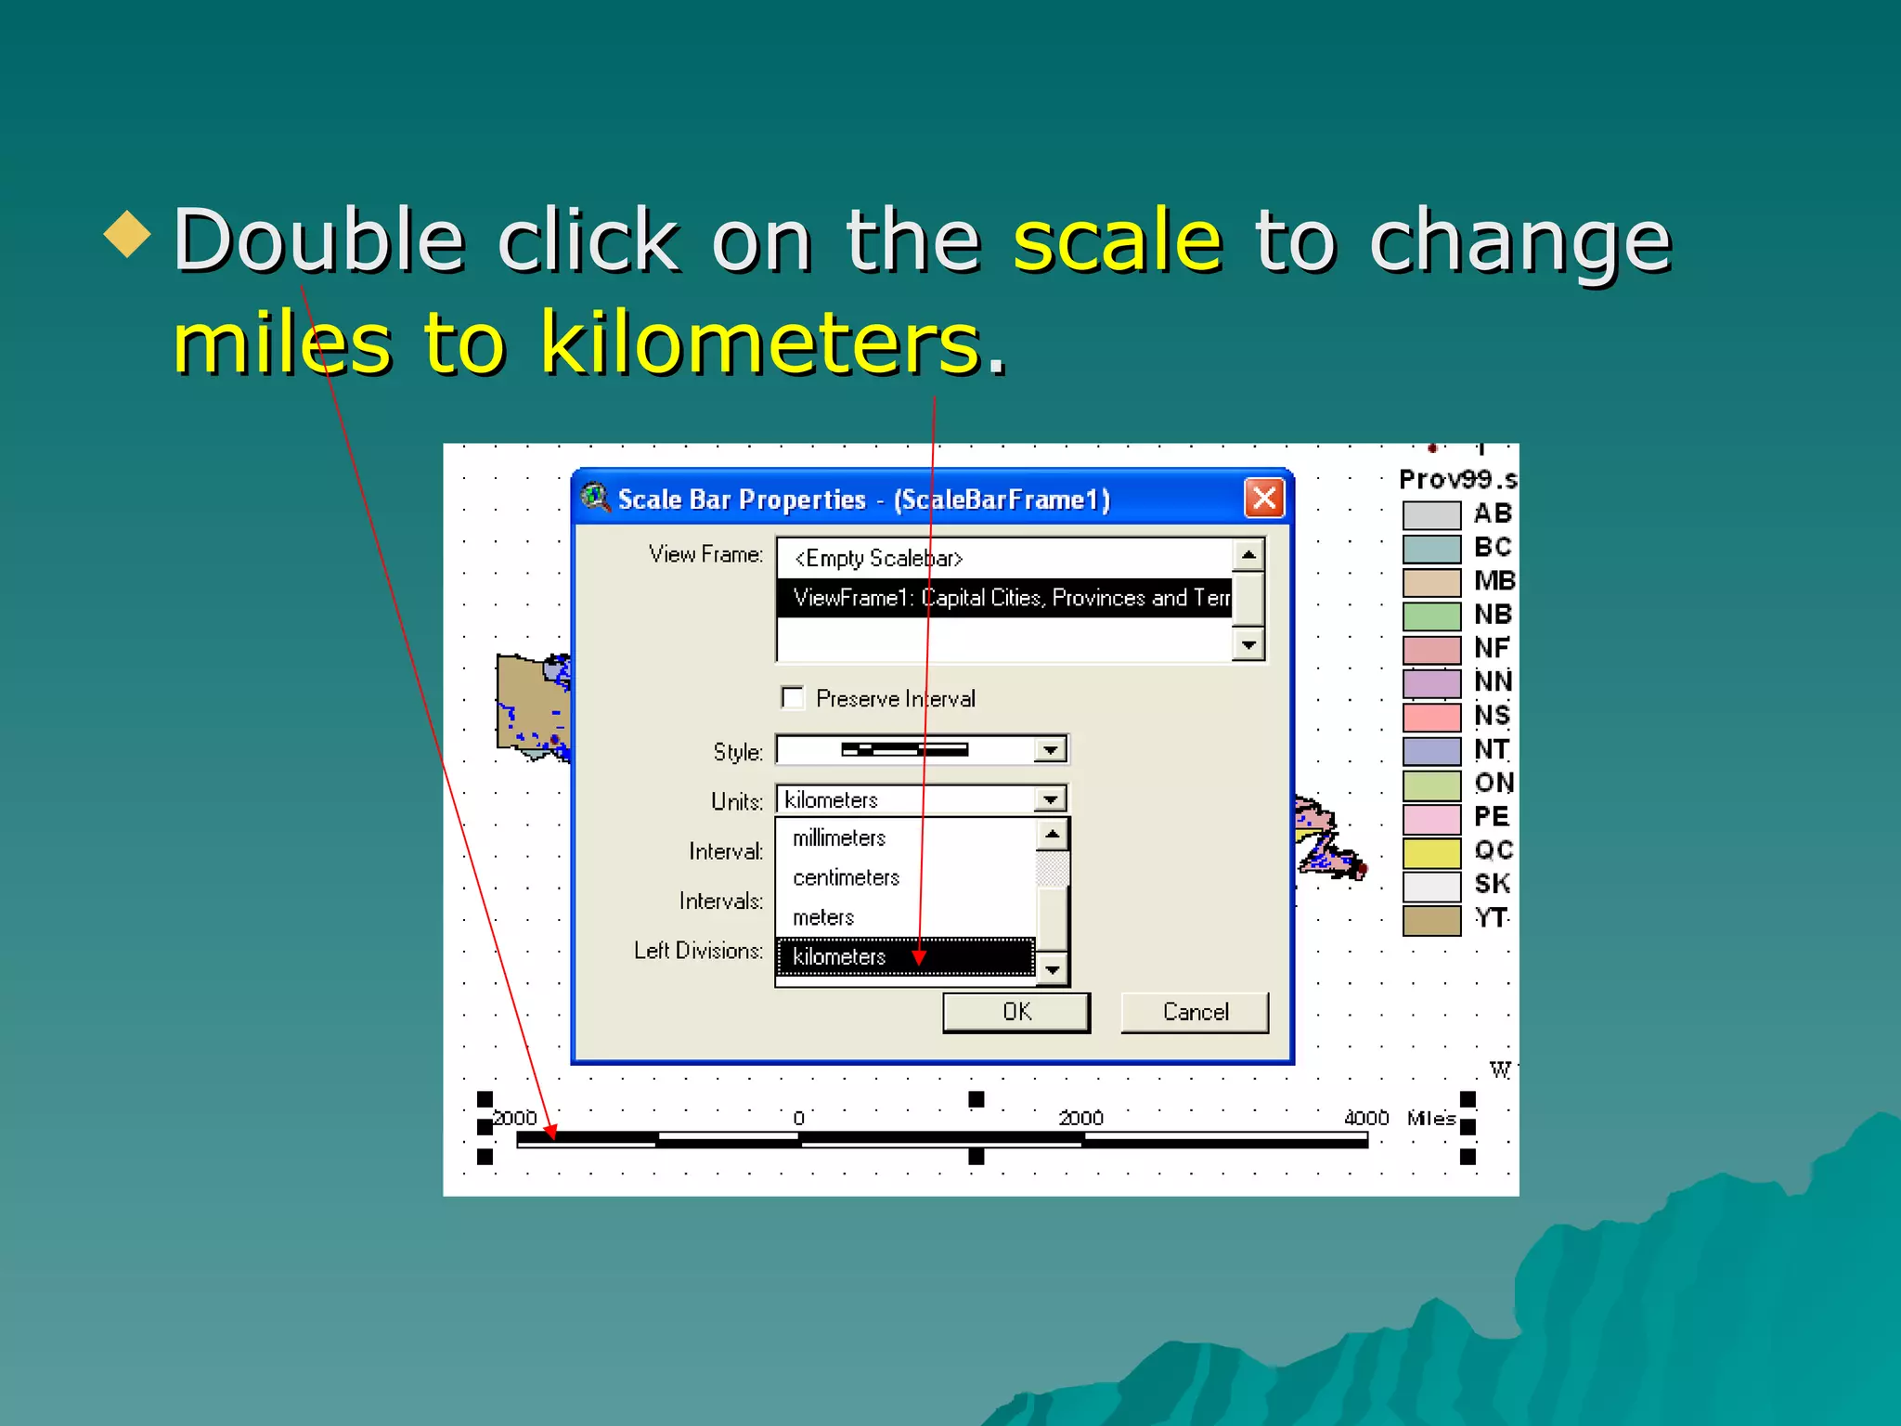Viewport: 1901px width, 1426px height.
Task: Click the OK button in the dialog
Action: pos(1015,1012)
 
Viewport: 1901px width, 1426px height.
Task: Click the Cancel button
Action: pos(1194,1012)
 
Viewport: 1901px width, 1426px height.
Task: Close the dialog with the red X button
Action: pos(1263,499)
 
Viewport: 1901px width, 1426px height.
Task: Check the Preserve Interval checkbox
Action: pos(793,697)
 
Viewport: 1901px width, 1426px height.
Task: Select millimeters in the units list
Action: pos(839,838)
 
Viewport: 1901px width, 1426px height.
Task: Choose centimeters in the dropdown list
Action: pos(846,877)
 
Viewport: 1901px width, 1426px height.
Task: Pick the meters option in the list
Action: pos(823,917)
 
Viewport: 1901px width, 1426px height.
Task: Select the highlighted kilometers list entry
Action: pos(839,957)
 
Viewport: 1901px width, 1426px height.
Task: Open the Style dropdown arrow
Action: pos(1050,749)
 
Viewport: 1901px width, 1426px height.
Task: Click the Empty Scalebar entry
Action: pos(878,558)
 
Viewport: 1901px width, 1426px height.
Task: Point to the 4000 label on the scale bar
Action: pos(1365,1118)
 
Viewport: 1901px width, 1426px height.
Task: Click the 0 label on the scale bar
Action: pos(798,1118)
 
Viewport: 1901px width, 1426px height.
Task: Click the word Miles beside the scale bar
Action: pos(1430,1118)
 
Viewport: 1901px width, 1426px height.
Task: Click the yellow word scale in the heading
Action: pos(1117,241)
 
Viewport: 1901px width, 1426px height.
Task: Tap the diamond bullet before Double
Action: pos(127,234)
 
